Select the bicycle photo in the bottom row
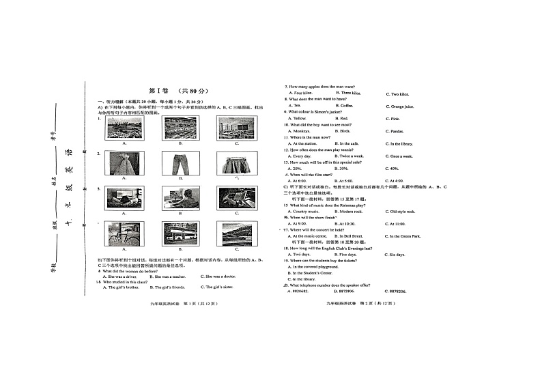click(x=124, y=233)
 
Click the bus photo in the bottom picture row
click(x=180, y=233)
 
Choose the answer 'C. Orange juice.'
click(x=399, y=107)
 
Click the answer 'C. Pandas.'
click(x=395, y=131)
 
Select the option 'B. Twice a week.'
click(x=355, y=156)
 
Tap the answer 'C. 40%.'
click(x=393, y=168)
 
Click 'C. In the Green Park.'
click(x=405, y=236)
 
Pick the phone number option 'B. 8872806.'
click(x=350, y=292)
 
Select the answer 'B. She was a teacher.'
click(x=167, y=276)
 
